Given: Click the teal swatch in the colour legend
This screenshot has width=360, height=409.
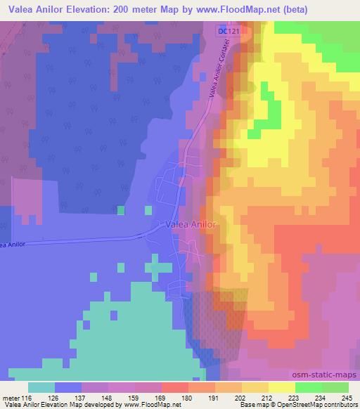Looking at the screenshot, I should click(x=42, y=388).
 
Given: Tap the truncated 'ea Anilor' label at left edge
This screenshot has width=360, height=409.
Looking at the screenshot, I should click(x=14, y=244).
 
